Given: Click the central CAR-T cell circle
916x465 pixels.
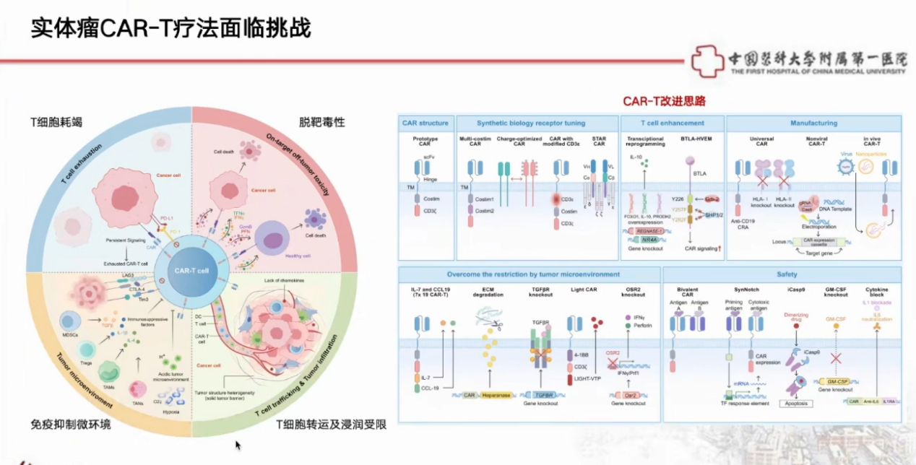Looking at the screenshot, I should [191, 270].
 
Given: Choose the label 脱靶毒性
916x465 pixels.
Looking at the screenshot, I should [322, 122].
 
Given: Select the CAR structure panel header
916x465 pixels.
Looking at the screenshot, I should [425, 123].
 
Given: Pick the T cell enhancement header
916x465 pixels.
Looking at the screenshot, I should [672, 123].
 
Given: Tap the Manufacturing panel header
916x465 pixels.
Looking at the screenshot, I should [813, 123].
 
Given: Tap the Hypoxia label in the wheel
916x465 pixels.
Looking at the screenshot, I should [170, 412].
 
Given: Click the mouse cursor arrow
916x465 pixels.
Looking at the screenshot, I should [238, 445].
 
